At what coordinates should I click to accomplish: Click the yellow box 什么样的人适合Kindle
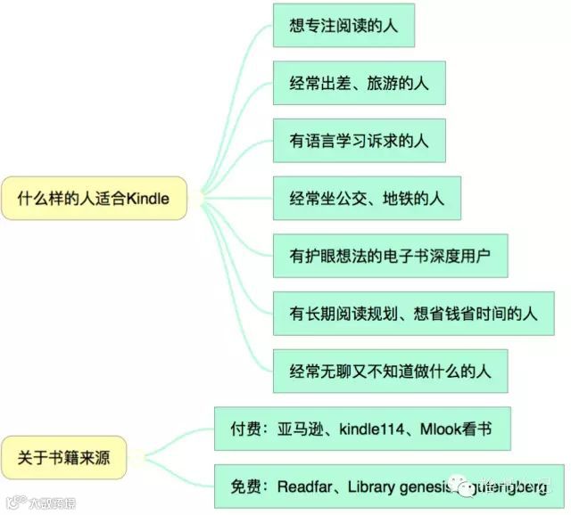coord(94,198)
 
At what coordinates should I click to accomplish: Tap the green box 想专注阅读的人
coord(343,26)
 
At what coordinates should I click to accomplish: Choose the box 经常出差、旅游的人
coord(357,84)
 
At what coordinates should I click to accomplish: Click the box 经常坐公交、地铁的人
coord(367,199)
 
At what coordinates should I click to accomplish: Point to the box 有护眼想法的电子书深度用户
coord(398,257)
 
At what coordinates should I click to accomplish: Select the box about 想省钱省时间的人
coord(418,314)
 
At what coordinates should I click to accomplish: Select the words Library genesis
coord(397,486)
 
